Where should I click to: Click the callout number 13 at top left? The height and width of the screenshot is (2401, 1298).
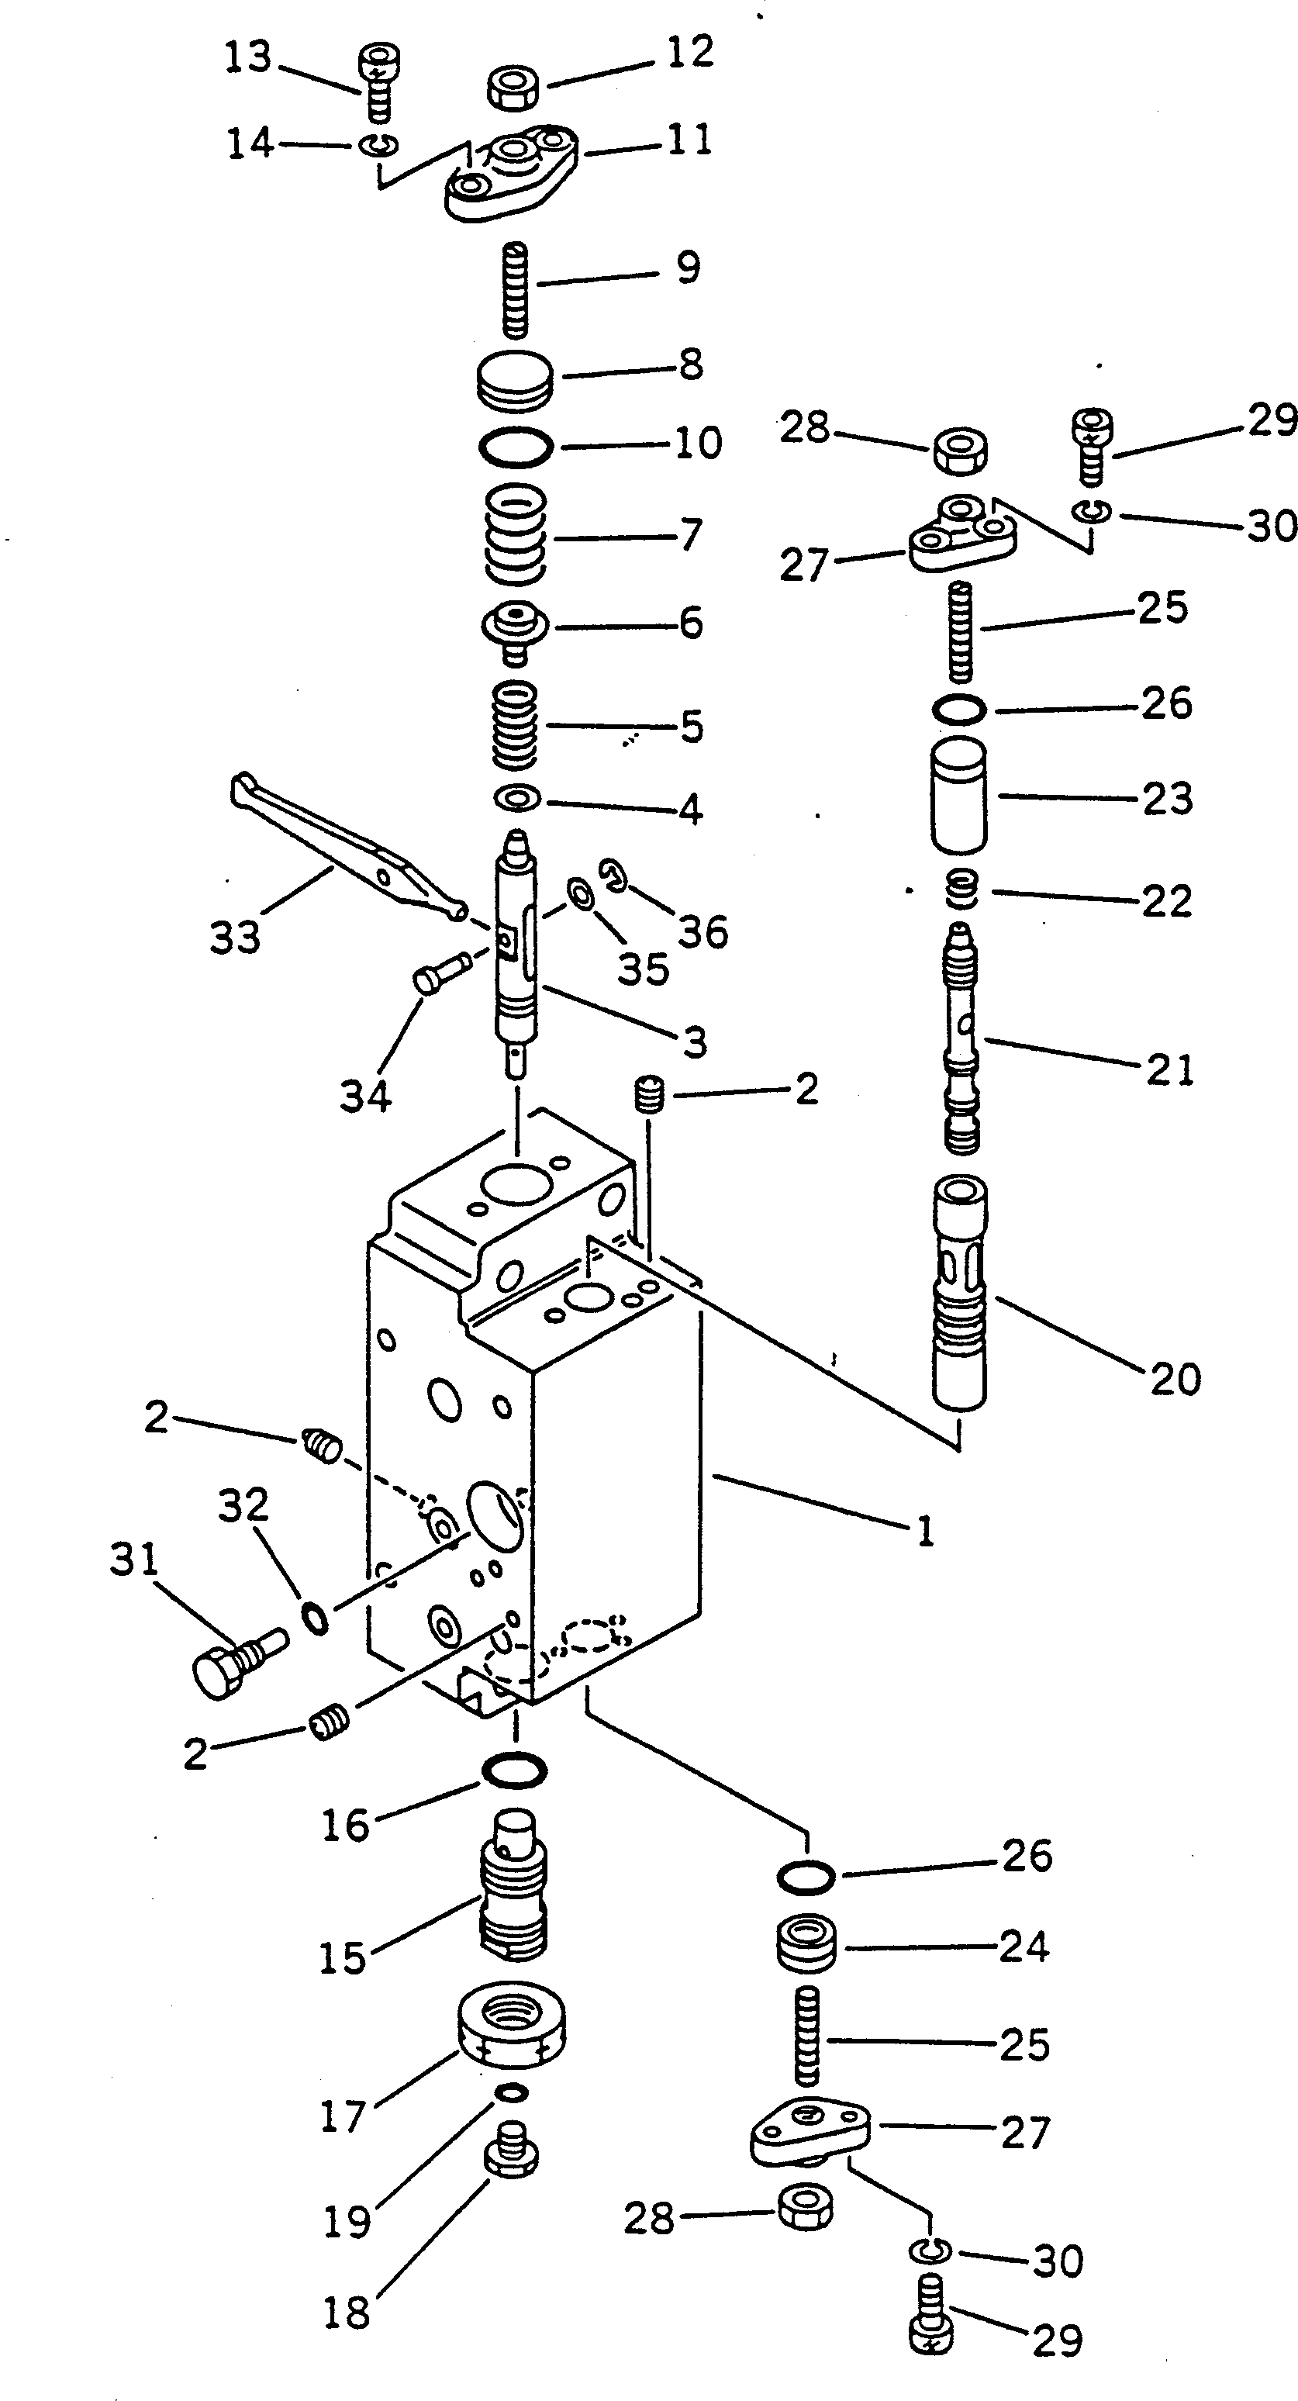click(x=248, y=59)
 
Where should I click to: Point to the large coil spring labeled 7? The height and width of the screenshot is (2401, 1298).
click(x=516, y=536)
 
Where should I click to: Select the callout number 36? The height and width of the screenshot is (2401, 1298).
click(x=703, y=931)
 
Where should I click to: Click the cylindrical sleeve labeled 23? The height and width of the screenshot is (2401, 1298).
click(x=959, y=795)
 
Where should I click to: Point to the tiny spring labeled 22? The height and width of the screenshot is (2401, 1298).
click(x=961, y=890)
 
